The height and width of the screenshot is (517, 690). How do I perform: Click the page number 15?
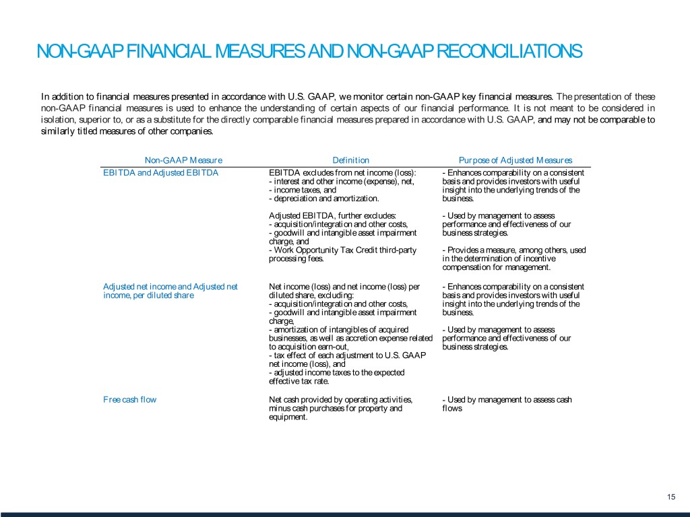coord(670,497)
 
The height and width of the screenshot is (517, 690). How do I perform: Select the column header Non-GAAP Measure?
coord(183,160)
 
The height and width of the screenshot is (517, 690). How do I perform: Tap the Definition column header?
coord(351,160)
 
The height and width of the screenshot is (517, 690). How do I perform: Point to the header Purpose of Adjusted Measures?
coord(515,160)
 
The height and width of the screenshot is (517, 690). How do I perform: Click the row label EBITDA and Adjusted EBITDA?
coord(160,172)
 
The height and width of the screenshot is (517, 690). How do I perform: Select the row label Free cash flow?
coord(130,400)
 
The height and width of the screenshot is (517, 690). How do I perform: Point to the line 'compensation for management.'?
coord(496,267)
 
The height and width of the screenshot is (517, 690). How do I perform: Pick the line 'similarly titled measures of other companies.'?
coord(127,132)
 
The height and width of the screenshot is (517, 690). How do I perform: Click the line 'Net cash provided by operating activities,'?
coord(340,400)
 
